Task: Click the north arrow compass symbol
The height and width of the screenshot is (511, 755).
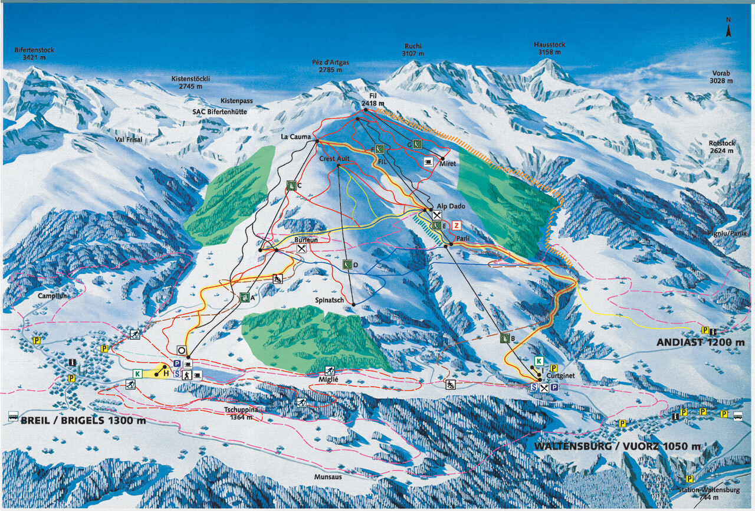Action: (728, 28)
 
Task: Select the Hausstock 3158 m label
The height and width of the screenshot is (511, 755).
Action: (549, 48)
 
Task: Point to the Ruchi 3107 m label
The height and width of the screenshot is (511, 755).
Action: (413, 50)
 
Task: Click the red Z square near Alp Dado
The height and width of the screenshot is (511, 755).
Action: (455, 225)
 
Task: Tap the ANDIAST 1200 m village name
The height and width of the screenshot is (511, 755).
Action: (701, 342)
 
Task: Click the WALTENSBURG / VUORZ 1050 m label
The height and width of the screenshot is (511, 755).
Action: (618, 446)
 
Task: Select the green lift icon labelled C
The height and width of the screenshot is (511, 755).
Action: (291, 185)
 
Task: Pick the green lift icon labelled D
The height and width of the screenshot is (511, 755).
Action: (347, 264)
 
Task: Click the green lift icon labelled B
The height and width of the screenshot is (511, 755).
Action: (505, 338)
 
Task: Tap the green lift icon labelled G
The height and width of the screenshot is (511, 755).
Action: (416, 143)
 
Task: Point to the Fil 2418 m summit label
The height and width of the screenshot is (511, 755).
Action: (373, 100)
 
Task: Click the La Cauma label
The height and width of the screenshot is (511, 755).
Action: (296, 137)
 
